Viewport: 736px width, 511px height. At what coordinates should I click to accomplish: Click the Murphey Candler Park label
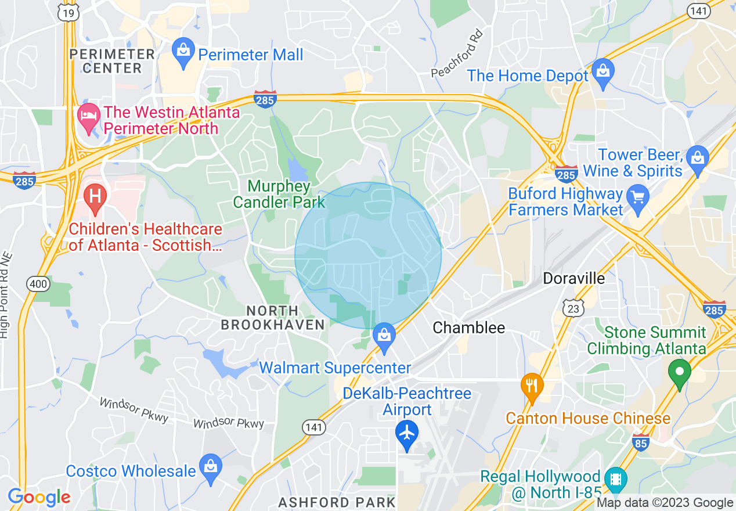(x=279, y=194)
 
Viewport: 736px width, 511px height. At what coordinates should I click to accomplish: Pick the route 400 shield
(x=39, y=284)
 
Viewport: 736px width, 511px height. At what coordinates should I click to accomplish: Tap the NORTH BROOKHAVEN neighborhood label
(x=272, y=318)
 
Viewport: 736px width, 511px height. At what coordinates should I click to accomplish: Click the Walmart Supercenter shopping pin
(x=384, y=337)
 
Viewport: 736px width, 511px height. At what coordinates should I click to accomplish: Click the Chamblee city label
(x=469, y=328)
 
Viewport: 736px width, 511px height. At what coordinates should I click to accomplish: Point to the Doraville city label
(x=573, y=278)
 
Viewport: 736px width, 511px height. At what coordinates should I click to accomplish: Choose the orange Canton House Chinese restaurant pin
(x=532, y=385)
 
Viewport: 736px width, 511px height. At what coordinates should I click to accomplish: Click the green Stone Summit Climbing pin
(x=679, y=371)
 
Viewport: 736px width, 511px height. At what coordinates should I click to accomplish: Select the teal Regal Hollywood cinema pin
(x=615, y=479)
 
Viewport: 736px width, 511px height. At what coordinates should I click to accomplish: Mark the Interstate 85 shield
(x=641, y=441)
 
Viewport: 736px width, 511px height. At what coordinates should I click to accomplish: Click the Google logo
(x=39, y=497)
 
